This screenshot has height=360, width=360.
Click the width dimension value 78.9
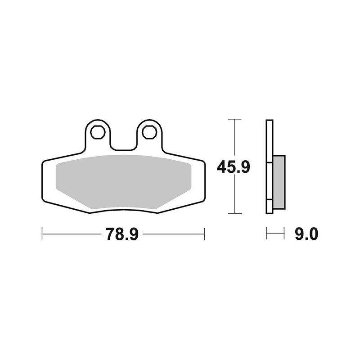tap(122, 234)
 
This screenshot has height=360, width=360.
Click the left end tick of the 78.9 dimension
tap(42, 234)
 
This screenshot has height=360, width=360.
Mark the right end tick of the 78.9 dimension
tap(205, 234)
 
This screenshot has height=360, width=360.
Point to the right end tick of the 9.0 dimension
tap(285, 234)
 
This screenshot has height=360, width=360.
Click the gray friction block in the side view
tap(279, 181)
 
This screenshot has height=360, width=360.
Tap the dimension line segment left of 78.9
tap(72, 234)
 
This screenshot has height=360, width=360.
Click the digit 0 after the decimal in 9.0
tap(314, 234)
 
